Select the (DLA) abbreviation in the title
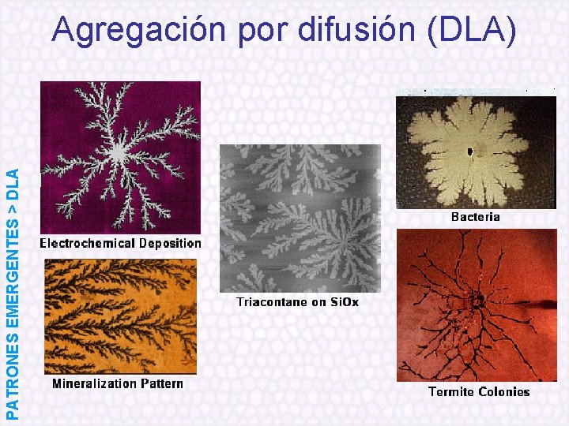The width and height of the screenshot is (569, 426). (473, 30)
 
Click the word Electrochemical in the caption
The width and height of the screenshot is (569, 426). (87, 243)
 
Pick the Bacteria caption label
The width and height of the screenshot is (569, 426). (475, 216)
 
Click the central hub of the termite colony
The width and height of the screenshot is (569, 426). (477, 301)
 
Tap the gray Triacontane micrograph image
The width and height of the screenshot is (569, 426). (300, 217)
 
